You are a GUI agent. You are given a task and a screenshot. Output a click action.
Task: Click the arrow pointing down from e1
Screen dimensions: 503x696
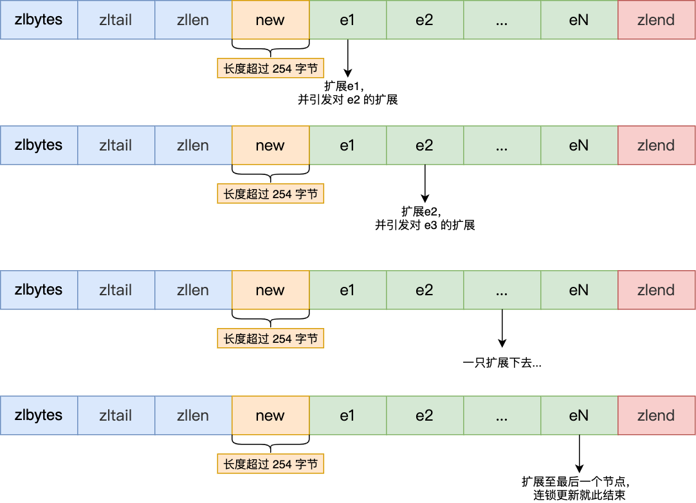pos(347,58)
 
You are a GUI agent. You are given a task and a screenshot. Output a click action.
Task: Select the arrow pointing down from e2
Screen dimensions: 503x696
pos(425,183)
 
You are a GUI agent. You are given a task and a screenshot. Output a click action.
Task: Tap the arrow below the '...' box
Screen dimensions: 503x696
pos(502,328)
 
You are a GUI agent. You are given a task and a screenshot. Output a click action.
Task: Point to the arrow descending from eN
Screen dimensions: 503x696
pos(579,453)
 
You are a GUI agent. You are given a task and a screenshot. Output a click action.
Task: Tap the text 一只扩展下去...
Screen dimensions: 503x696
pos(502,363)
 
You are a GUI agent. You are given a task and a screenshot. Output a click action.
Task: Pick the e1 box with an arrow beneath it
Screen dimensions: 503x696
pos(347,20)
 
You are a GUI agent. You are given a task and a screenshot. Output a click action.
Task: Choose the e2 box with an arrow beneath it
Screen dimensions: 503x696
pos(425,145)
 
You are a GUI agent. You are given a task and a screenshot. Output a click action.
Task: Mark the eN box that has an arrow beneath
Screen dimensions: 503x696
pos(579,416)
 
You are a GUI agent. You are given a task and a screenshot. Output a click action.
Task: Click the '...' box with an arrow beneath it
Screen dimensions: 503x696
pos(502,290)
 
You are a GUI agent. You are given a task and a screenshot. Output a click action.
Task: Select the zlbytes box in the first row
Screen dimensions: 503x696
pos(39,20)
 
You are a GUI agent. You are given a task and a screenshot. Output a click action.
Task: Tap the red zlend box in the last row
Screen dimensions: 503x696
pos(656,416)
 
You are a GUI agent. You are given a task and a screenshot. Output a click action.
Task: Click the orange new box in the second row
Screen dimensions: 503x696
pos(270,145)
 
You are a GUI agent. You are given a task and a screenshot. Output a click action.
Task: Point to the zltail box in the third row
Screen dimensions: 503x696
pos(116,290)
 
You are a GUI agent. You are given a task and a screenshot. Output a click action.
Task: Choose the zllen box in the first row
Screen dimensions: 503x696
pos(193,20)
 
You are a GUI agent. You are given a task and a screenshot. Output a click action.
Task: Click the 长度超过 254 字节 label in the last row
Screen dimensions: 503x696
pos(270,464)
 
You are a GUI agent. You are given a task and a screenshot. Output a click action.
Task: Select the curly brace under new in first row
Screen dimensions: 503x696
pos(270,49)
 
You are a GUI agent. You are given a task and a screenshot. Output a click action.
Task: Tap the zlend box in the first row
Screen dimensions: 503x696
pos(656,20)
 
